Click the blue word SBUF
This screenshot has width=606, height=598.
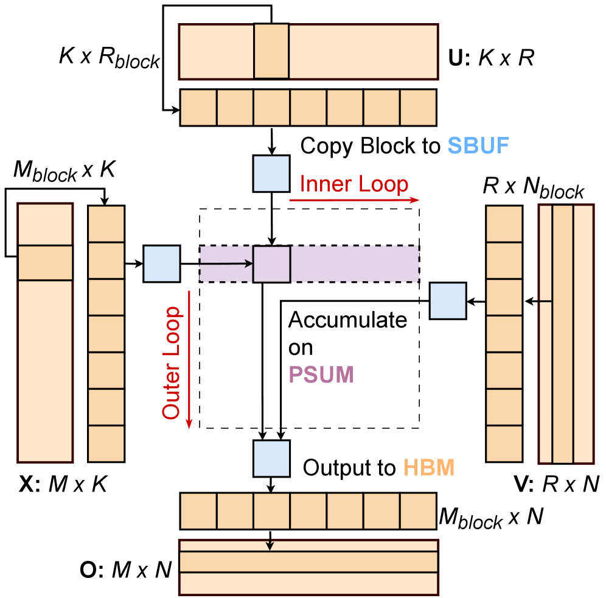[478, 146]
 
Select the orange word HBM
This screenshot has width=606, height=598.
[429, 468]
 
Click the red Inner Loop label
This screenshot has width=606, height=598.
[353, 184]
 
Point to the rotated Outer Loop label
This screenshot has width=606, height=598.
[172, 363]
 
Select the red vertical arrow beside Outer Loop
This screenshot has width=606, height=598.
[189, 359]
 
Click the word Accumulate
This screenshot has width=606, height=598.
[347, 320]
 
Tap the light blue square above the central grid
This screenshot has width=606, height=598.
[271, 173]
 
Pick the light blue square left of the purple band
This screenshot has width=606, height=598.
[161, 263]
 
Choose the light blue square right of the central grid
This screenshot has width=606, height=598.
[448, 301]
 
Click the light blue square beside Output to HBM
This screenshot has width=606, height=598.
[271, 459]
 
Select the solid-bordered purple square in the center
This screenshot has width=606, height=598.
[271, 264]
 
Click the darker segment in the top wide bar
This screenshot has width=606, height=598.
[271, 52]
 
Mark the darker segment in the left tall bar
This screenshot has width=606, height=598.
[45, 262]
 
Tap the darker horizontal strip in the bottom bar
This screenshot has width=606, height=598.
[308, 561]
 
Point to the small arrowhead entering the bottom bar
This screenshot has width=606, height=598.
[270, 546]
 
